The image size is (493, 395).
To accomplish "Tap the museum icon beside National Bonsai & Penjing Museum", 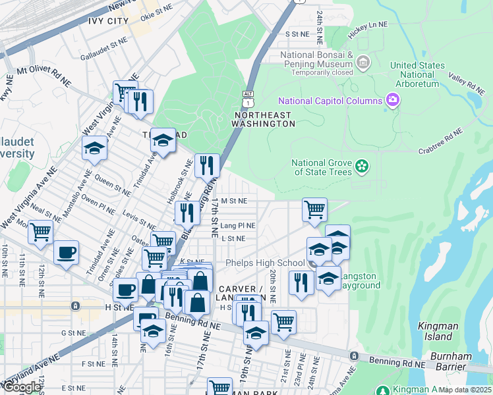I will point(362,62).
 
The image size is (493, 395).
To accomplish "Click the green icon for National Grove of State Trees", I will point(361,167).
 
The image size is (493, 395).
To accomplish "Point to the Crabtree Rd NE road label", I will point(441,142).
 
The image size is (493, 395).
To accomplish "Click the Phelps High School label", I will point(265,263).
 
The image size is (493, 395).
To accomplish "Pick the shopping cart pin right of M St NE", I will point(314,210).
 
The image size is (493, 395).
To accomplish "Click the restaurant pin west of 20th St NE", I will point(301,282).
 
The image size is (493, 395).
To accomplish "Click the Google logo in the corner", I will point(22,387).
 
